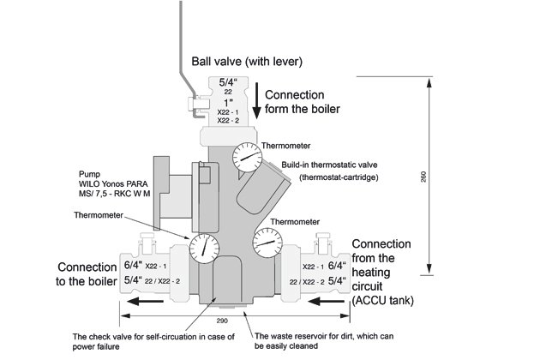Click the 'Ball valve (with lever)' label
tap(247, 62)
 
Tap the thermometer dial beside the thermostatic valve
tap(247, 157)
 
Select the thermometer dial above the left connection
tap(204, 249)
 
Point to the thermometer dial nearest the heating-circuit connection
tap(267, 243)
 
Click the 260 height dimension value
tap(423, 177)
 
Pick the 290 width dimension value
tap(222, 321)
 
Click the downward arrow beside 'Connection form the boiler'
tap(256, 100)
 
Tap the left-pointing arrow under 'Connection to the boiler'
tap(145, 302)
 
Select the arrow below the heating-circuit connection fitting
tap(326, 302)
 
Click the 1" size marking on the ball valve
tap(228, 103)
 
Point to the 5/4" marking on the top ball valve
tap(228, 82)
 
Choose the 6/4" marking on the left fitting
tap(133, 266)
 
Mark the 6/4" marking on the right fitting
tap(337, 266)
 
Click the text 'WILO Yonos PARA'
tap(113, 184)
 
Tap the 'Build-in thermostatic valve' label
tap(329, 165)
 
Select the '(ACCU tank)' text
tap(382, 300)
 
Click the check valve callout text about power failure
tap(153, 341)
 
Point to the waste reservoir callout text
tap(324, 340)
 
